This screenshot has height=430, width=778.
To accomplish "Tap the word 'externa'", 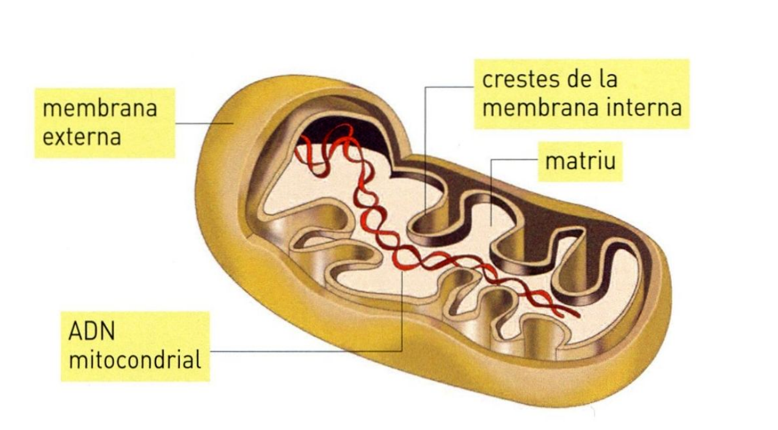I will [x=81, y=136].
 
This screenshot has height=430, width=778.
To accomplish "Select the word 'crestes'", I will [x=520, y=79].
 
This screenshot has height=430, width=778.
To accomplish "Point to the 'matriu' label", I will [x=580, y=162].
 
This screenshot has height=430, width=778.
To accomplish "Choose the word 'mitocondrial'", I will [x=135, y=360].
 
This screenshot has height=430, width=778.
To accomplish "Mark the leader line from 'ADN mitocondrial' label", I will [x=305, y=351].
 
